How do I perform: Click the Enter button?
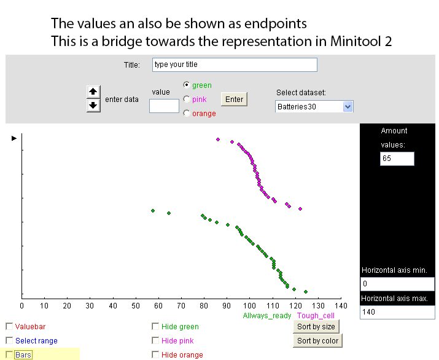(x=234, y=99)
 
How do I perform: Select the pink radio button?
(x=187, y=99)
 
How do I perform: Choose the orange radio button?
(x=187, y=113)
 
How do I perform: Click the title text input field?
(x=235, y=65)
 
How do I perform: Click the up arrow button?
(x=93, y=92)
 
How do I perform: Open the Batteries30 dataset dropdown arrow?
(x=348, y=107)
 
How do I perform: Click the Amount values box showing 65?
(x=397, y=158)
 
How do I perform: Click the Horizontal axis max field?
(x=397, y=312)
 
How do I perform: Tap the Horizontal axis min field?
(x=397, y=284)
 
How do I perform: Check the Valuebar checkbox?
(x=9, y=326)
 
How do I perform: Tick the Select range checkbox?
(x=9, y=340)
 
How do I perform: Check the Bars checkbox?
(x=9, y=354)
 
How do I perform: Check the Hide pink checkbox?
(x=155, y=340)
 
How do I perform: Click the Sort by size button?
(x=316, y=327)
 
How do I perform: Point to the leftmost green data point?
(x=153, y=211)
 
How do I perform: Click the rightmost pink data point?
(x=300, y=209)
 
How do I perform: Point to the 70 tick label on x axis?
(x=181, y=306)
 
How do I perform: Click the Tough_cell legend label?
(x=316, y=316)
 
